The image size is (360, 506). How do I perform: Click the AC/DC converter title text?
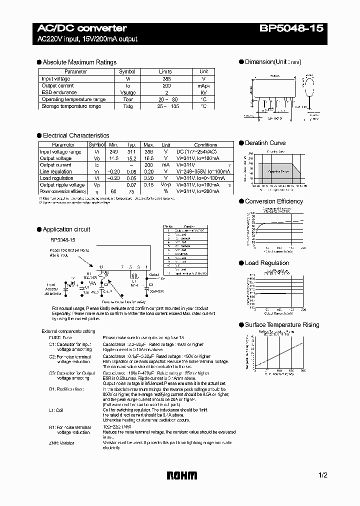pos(82,28)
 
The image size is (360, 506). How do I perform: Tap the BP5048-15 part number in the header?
pos(291,28)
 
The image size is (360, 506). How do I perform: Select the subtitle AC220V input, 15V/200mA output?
pos(87,39)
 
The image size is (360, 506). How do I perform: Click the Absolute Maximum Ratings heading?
pos(79,62)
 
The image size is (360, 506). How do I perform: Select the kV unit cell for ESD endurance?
pos(203,92)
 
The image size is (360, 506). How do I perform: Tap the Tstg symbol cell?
pos(127,106)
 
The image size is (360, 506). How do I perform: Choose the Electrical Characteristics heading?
pos(75,135)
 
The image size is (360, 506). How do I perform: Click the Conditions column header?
pos(205,145)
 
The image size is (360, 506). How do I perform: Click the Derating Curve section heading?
pos(265,143)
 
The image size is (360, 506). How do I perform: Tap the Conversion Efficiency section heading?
pos(273,201)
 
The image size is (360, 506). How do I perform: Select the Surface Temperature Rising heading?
pos(281,325)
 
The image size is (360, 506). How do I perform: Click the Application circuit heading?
pos(66,229)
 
